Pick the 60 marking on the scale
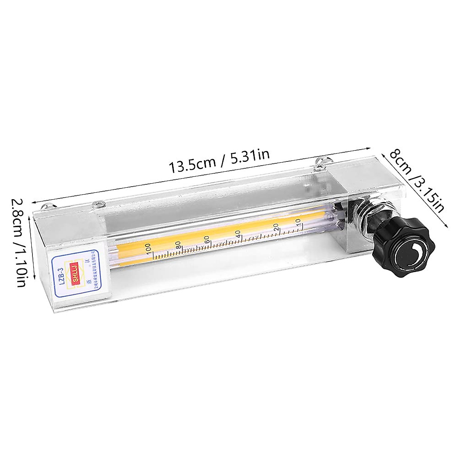206,239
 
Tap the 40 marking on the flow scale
238,233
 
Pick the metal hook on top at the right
321,162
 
